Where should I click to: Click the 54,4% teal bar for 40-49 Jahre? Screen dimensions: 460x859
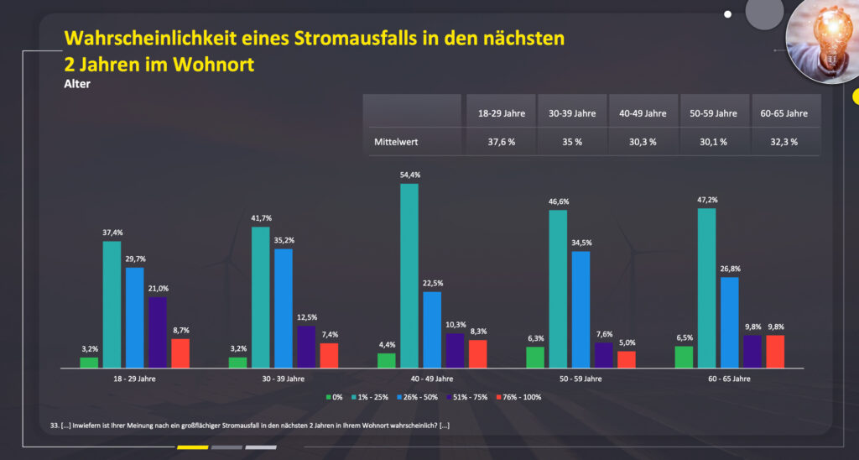(409, 276)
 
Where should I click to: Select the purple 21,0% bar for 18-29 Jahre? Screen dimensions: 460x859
(157, 332)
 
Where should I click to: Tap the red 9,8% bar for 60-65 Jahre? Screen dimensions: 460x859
(774, 351)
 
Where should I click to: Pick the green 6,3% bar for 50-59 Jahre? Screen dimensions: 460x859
(535, 357)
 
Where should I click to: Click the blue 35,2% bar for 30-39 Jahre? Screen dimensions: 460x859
(284, 308)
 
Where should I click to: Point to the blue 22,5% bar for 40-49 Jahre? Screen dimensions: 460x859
(431, 329)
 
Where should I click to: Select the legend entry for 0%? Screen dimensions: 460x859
(335, 396)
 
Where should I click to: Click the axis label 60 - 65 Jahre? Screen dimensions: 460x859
(727, 379)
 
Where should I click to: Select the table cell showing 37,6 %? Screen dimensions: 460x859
(501, 142)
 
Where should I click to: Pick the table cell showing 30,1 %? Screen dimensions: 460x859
(715, 142)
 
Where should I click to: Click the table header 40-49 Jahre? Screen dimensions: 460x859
(643, 112)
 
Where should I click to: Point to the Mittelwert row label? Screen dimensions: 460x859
(395, 142)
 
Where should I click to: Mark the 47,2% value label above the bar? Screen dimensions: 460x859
(706, 200)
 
